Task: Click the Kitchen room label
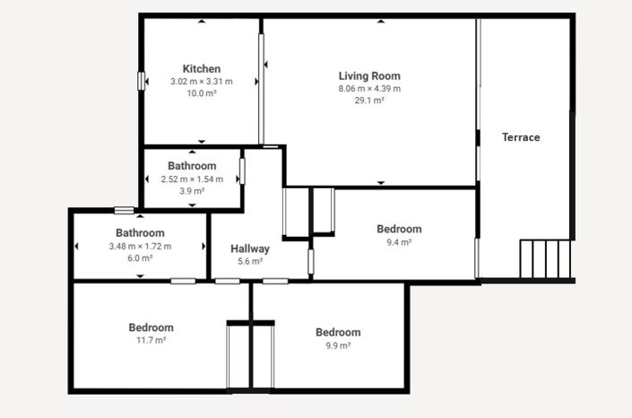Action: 202,69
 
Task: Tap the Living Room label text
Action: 369,76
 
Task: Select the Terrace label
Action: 521,137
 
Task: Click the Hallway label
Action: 250,248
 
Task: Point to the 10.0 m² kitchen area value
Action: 201,93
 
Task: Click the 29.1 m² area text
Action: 369,100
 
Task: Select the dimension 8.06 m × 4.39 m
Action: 369,89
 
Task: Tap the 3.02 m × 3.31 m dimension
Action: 201,82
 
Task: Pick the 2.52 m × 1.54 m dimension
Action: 192,179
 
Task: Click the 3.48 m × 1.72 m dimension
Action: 140,246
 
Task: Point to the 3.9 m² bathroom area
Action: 192,190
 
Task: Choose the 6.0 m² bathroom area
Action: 140,257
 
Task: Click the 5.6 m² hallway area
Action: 250,261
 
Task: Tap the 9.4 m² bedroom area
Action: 399,241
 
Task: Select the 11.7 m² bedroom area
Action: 151,340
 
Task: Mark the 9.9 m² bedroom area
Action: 338,344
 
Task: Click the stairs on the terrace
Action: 545,259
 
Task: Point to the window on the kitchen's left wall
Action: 141,81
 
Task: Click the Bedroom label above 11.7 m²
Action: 151,327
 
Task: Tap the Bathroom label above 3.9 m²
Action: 192,166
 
